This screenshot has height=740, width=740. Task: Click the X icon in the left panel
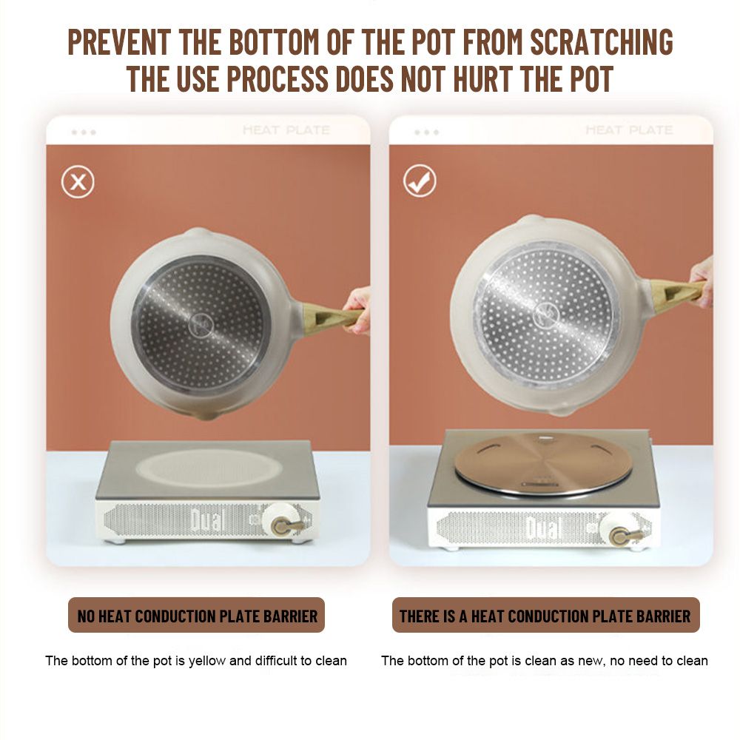pyautogui.click(x=78, y=182)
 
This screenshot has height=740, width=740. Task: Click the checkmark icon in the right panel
pyautogui.click(x=420, y=181)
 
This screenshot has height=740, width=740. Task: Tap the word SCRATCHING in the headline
pyautogui.click(x=602, y=42)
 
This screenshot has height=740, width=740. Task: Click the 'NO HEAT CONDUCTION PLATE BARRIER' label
pyautogui.click(x=197, y=616)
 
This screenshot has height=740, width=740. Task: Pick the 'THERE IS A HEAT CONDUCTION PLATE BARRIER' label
pyautogui.click(x=545, y=616)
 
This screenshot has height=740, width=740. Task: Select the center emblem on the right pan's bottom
pyautogui.click(x=546, y=314)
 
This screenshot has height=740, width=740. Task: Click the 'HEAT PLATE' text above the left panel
pyautogui.click(x=286, y=129)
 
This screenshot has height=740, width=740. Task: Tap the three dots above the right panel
pyautogui.click(x=427, y=132)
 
